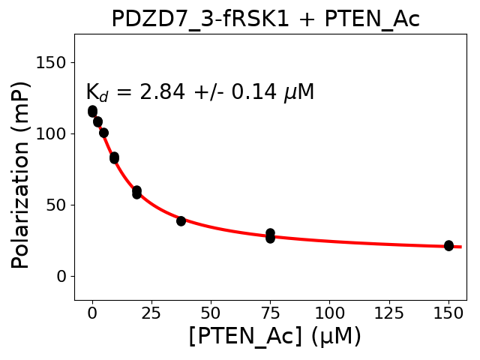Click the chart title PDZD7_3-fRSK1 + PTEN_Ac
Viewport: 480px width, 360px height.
click(265, 19)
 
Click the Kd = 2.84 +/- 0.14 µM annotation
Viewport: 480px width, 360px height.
click(199, 92)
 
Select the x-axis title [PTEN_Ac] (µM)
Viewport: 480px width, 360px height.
click(274, 336)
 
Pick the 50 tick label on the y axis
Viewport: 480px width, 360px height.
click(56, 205)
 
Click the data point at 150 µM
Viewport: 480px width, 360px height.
click(448, 245)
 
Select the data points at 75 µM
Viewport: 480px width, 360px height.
click(270, 235)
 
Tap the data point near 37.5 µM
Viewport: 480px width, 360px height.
click(181, 220)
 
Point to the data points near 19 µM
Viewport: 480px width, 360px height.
click(136, 192)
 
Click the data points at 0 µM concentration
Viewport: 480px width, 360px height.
click(92, 111)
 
